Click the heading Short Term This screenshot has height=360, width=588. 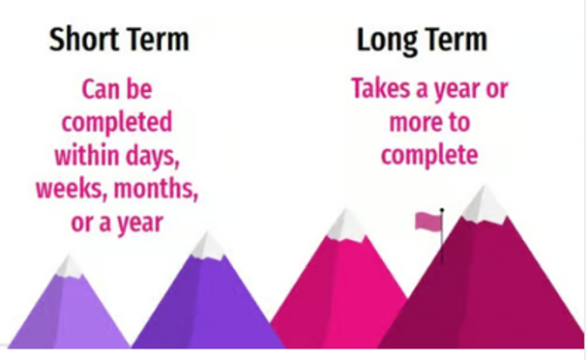(x=119, y=41)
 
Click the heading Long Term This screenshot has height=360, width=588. (x=422, y=41)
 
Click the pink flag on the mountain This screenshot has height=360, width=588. (x=426, y=222)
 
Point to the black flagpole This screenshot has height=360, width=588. (x=442, y=237)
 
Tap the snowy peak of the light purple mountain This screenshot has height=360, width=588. (x=70, y=266)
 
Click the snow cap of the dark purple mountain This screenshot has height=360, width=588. (x=207, y=246)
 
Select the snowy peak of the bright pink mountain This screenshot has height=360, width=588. (x=345, y=225)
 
